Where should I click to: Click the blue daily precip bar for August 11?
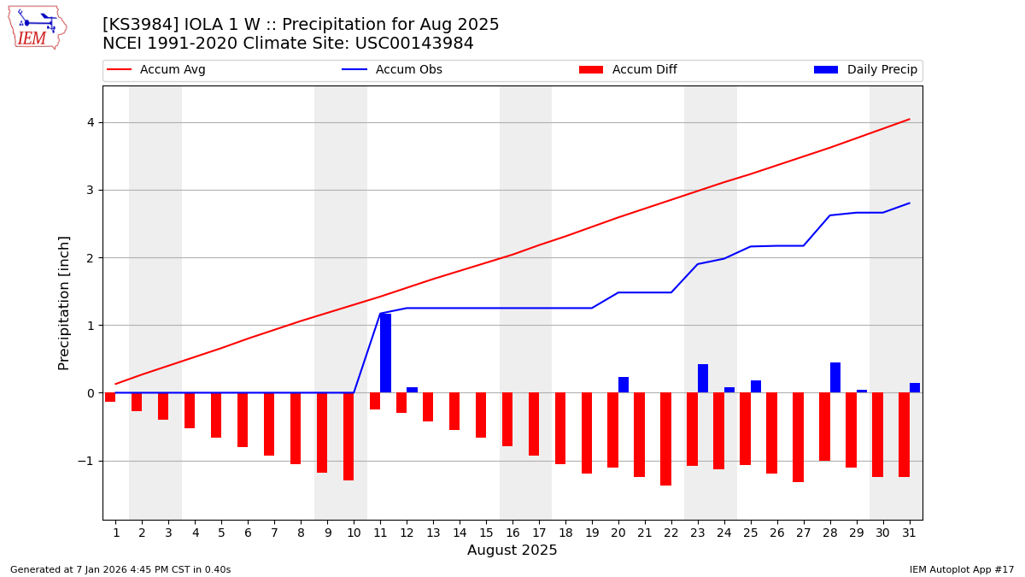click(385, 353)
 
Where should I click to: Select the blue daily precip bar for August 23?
click(703, 379)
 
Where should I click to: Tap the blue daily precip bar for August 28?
click(835, 378)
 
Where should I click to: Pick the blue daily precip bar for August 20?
click(624, 385)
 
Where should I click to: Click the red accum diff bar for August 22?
click(665, 439)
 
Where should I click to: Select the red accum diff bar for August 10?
click(348, 436)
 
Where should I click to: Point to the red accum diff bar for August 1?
click(110, 397)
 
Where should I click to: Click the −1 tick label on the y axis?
click(85, 461)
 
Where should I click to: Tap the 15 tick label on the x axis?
click(485, 533)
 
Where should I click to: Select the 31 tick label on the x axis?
click(909, 533)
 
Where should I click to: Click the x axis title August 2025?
click(512, 551)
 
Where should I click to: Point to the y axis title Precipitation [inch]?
click(64, 303)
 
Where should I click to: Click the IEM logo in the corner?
click(37, 27)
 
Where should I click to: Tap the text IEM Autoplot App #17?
click(961, 569)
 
